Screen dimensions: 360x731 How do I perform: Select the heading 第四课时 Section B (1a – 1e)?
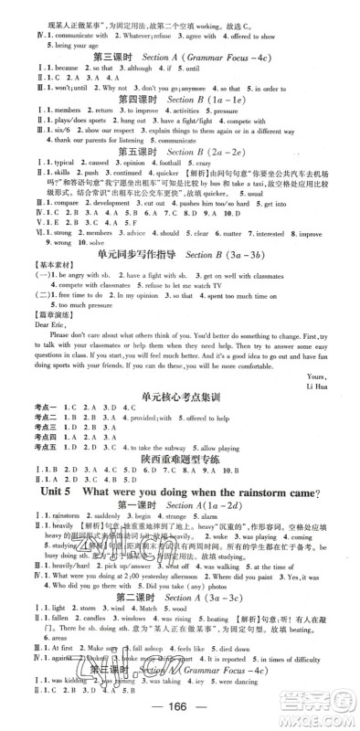180,97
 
